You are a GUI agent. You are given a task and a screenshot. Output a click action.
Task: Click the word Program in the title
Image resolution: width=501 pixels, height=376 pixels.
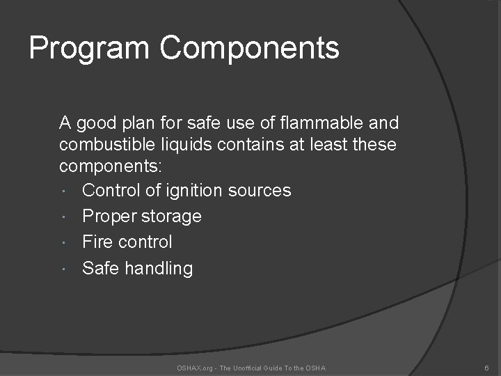click(89, 49)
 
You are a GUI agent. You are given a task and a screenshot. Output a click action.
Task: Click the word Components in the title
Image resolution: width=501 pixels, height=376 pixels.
click(250, 49)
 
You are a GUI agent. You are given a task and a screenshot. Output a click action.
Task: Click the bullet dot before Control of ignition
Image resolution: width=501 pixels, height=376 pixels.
click(64, 191)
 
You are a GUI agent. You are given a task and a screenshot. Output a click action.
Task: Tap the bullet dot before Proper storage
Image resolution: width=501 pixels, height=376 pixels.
click(64, 217)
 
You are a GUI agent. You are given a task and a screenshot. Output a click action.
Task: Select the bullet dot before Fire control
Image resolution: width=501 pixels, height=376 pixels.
click(64, 243)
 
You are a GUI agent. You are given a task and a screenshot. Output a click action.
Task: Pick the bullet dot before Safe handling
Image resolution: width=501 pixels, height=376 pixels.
click(64, 269)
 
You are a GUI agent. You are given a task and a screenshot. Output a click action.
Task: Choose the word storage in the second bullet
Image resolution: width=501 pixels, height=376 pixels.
click(171, 217)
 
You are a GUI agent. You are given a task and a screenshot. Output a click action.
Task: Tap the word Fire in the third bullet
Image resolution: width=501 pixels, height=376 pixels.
click(98, 242)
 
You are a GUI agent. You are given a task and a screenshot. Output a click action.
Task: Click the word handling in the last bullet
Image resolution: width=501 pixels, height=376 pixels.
click(159, 268)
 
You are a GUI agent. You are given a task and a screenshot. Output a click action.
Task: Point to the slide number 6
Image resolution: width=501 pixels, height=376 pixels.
click(486, 368)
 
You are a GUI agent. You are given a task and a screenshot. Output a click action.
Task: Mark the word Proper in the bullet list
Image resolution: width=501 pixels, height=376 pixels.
click(109, 217)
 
